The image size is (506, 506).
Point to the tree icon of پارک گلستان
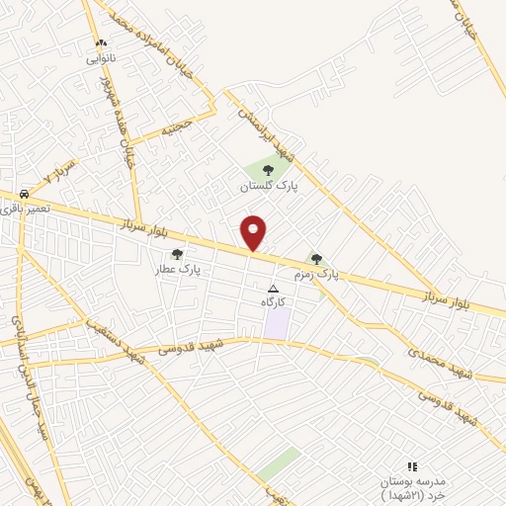click(x=268, y=171)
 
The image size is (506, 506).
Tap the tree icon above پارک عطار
click(x=177, y=254)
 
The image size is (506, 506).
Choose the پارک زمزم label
click(x=316, y=273)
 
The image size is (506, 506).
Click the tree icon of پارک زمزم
click(x=316, y=258)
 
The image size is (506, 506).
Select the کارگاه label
click(x=274, y=301)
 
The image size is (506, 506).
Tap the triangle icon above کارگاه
click(x=274, y=288)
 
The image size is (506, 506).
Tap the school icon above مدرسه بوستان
click(x=412, y=465)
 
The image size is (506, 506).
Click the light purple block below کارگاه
click(x=278, y=323)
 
